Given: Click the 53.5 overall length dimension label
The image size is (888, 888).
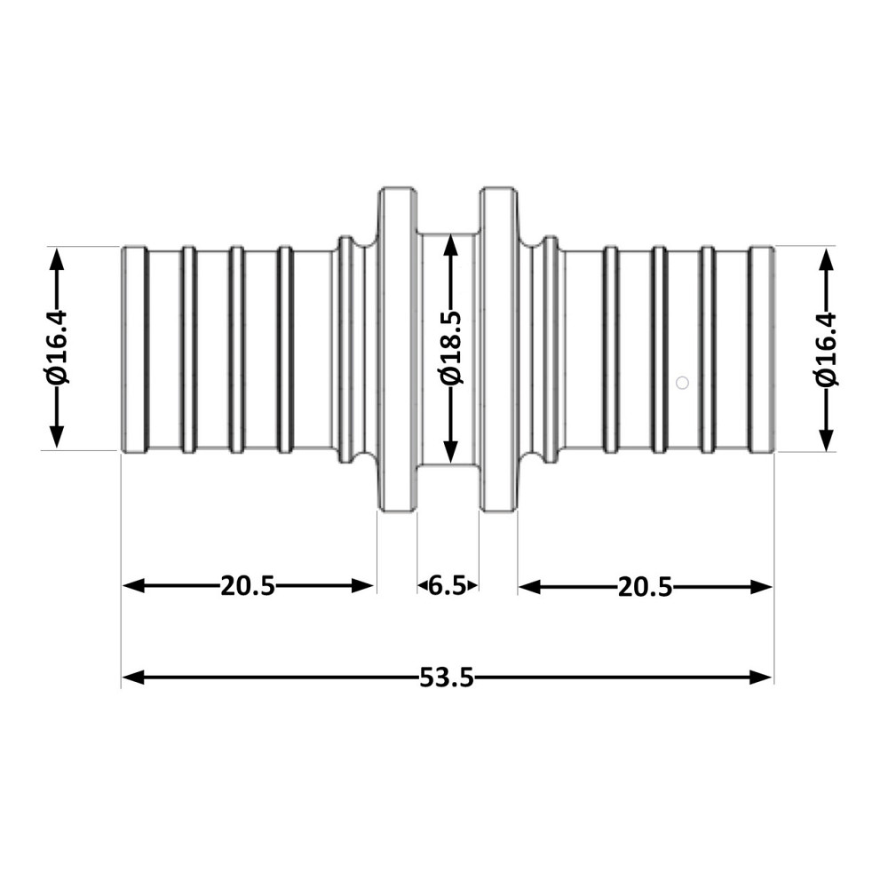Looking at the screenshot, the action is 447,678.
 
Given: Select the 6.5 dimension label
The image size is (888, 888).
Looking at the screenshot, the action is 447,585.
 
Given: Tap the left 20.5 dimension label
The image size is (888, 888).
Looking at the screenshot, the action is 248,585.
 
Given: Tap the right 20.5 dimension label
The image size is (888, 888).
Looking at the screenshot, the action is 645,587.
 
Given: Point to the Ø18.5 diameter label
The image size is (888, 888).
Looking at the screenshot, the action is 451,347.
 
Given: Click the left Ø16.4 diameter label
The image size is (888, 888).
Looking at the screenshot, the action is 56,347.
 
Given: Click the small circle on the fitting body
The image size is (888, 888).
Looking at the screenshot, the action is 682,383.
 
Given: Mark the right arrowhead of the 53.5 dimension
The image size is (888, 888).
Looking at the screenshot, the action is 761,677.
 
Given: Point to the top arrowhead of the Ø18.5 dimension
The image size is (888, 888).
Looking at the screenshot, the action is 450,246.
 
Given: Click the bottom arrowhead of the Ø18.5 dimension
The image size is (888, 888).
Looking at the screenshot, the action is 450,451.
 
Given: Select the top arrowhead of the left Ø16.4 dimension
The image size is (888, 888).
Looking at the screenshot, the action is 56,260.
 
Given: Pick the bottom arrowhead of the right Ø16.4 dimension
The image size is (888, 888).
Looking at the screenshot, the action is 827,439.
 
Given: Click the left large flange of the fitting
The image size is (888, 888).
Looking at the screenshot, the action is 398,349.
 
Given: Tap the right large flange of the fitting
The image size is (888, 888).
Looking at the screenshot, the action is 498,349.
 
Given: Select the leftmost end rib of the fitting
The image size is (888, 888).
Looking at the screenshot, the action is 135,349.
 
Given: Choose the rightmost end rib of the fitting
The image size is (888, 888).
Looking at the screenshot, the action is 762,349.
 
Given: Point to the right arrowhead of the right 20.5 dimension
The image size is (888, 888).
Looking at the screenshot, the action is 761,587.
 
